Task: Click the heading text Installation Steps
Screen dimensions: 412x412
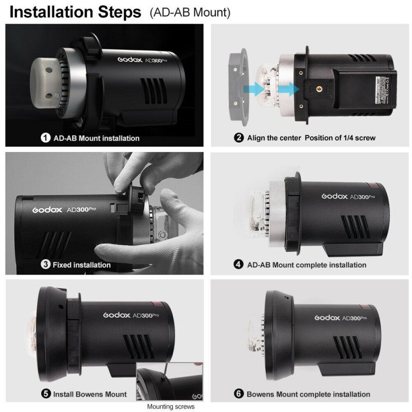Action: point(75,12)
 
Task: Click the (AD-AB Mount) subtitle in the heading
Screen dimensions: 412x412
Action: point(190,12)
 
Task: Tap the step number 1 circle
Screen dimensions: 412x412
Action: point(46,138)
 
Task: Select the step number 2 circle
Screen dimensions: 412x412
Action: point(238,138)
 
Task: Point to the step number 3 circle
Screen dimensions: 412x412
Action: point(46,265)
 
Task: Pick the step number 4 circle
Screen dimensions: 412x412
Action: point(238,265)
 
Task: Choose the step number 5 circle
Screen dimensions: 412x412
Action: point(46,394)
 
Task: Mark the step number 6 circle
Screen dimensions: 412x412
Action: point(238,394)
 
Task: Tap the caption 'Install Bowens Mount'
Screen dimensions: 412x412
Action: point(90,394)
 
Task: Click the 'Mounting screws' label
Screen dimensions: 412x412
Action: point(171,407)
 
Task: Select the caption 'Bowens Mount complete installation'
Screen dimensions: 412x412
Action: point(308,394)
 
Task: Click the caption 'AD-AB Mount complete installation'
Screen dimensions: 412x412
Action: point(307,265)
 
